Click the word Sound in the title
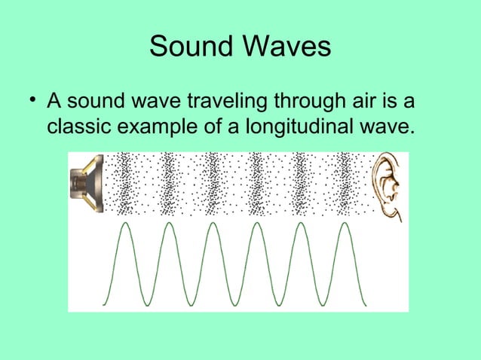191,47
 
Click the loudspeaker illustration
87,183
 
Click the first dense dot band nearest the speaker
124,183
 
